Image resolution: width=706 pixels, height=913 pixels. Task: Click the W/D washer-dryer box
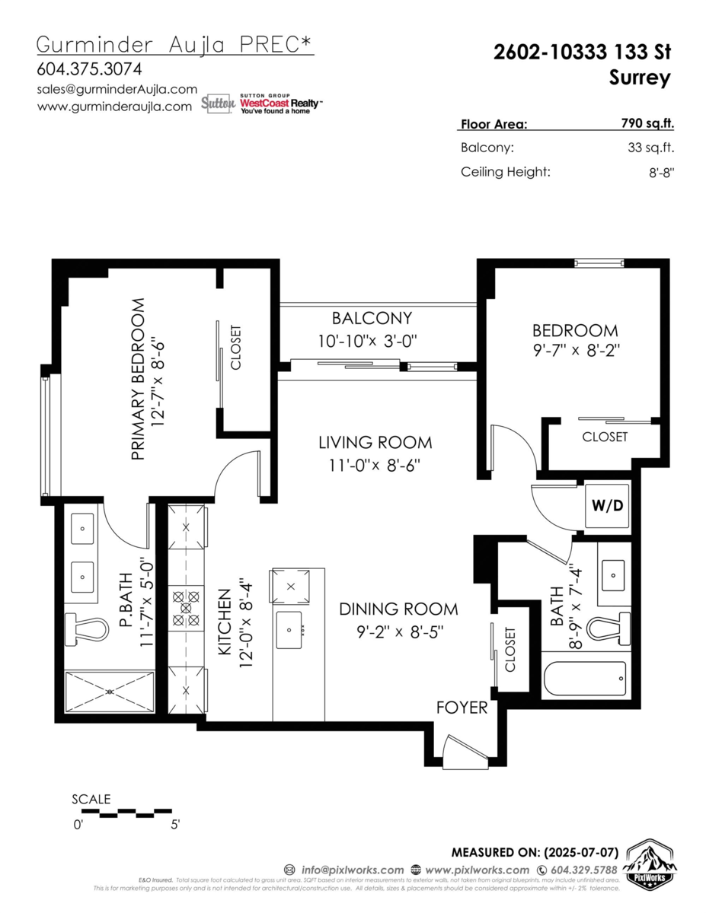tap(607, 506)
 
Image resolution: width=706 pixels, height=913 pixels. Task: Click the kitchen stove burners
tap(187, 609)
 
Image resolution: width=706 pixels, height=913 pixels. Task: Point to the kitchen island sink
tap(289, 630)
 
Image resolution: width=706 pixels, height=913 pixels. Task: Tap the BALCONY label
tap(372, 318)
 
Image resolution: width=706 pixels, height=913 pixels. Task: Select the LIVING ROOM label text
tap(375, 442)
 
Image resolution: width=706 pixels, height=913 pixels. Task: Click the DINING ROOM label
tap(398, 609)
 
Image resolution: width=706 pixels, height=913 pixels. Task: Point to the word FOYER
tap(462, 708)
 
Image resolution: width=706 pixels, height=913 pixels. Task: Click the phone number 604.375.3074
tap(89, 68)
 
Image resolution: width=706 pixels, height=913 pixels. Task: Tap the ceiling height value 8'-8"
tap(660, 172)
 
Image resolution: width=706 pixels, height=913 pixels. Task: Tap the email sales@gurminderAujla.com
tap(117, 89)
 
